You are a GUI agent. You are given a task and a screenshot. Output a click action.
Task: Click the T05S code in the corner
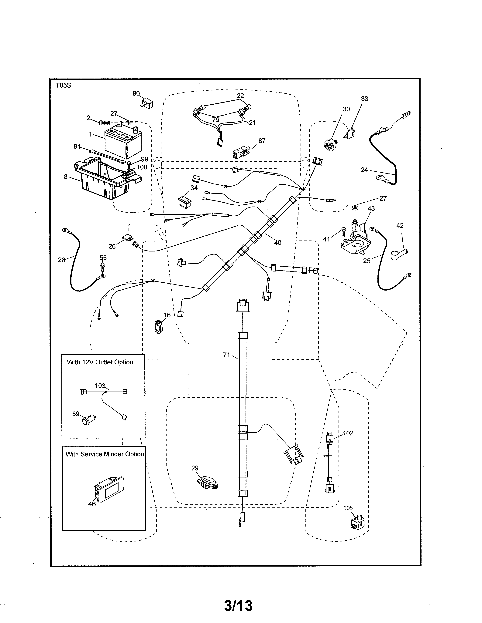click(63, 85)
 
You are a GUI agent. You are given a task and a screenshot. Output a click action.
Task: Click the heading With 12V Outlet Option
click(100, 362)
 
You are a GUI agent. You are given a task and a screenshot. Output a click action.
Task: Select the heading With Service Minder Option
click(105, 454)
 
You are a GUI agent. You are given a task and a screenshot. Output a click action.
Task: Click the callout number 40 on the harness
click(277, 242)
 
